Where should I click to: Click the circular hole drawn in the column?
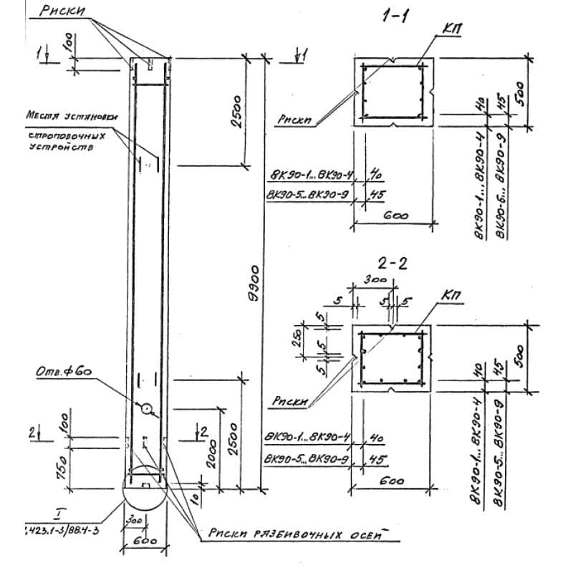(147, 409)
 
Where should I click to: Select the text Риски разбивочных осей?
(301, 534)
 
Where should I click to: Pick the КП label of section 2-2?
(452, 294)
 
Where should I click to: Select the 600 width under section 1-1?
(393, 216)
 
